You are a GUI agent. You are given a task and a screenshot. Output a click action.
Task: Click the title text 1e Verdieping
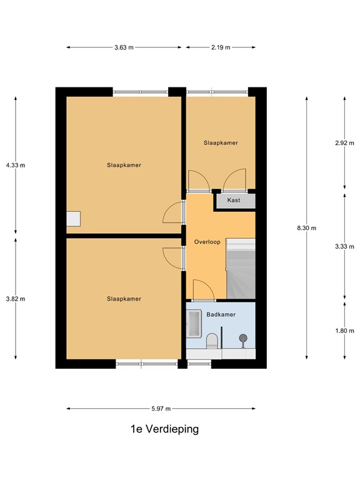(165, 429)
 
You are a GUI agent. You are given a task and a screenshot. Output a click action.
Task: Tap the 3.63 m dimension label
(124, 47)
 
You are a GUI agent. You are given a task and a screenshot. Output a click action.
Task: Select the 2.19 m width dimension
(221, 47)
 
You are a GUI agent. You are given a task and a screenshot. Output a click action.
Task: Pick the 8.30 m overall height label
(306, 228)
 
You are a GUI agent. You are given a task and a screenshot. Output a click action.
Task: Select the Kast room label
(234, 201)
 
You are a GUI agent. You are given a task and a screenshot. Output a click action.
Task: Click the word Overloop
(207, 242)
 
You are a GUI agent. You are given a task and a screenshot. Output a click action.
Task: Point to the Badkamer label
(221, 314)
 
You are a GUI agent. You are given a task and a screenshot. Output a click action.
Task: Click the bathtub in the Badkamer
(193, 325)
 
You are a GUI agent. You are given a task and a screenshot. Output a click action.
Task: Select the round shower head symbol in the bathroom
(242, 339)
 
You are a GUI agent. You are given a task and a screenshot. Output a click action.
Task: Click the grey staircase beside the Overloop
(241, 269)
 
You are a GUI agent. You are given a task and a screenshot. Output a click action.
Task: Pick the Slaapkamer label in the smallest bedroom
(221, 143)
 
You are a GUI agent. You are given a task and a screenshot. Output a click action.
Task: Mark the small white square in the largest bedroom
(73, 218)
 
